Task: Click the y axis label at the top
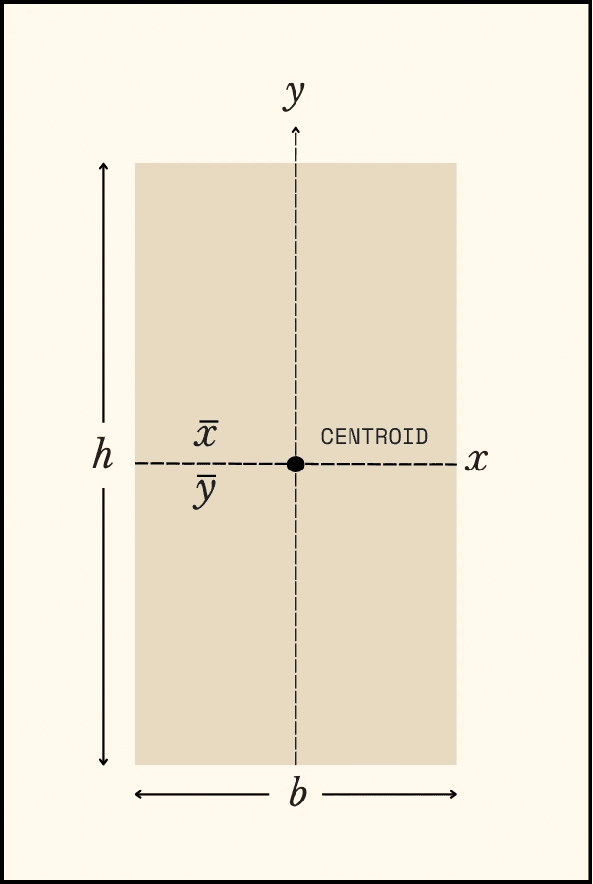294,94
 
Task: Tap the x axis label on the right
476,460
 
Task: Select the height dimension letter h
102,456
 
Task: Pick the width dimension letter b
296,794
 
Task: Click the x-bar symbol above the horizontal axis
205,434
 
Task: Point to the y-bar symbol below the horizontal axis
204,491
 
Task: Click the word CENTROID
374,437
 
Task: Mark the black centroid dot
296,464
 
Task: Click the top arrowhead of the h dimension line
103,165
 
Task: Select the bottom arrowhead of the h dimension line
103,762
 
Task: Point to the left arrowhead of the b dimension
137,794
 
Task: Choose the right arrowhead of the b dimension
455,794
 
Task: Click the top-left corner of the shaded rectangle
135,163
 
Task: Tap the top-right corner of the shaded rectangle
457,163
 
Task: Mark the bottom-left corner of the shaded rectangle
135,765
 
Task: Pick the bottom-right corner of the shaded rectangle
457,765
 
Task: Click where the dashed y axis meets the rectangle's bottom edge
296,765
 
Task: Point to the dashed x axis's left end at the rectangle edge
135,463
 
